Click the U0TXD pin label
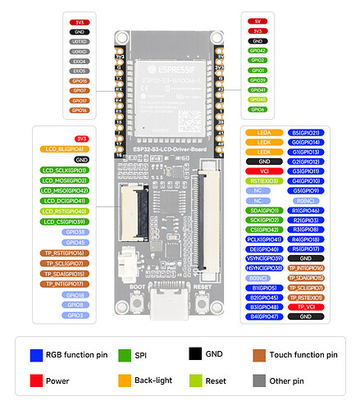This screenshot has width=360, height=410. coord(80,40)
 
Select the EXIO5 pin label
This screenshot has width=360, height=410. coord(80,71)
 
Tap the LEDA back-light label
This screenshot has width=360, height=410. coord(263,132)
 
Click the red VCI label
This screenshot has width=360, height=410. coord(263,171)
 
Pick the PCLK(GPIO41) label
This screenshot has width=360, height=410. coord(263,239)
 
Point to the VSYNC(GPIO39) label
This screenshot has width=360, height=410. coord(263,258)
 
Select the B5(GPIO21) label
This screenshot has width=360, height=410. coord(306,132)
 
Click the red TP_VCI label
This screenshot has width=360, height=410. coord(306,307)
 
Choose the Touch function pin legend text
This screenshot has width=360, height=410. coord(303,355)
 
